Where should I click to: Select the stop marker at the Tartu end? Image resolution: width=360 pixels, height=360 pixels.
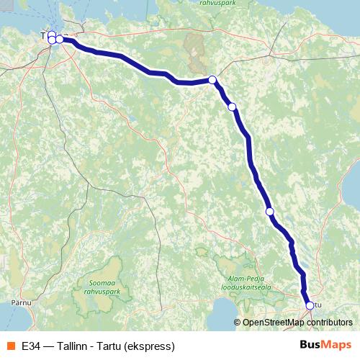pyautogui.click(x=310, y=305)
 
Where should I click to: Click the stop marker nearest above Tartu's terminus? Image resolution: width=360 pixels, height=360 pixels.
pyautogui.click(x=270, y=212)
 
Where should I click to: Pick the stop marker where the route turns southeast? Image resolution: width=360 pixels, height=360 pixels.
pyautogui.click(x=212, y=80)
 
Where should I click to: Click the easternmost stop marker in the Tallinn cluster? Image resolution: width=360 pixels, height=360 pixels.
pyautogui.click(x=60, y=40)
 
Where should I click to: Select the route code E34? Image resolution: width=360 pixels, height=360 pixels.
pyautogui.click(x=30, y=346)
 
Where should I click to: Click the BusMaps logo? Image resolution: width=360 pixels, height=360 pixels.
pyautogui.click(x=325, y=345)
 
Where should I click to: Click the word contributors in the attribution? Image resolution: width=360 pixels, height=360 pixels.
pyautogui.click(x=328, y=323)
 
